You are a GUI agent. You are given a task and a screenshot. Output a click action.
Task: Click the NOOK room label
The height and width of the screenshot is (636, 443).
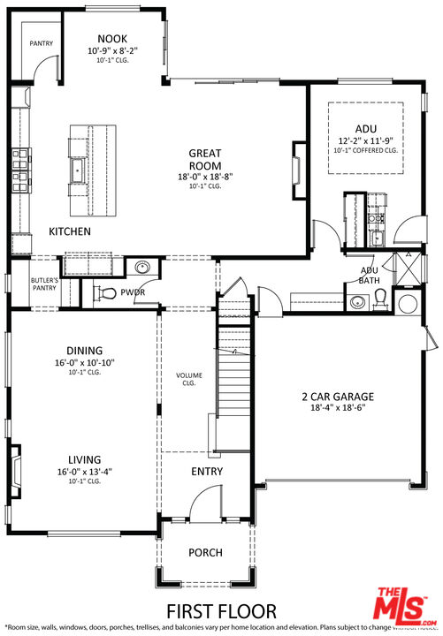tap(112, 39)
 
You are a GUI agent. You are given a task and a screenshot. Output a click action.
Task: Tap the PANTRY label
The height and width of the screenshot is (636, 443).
tap(42, 42)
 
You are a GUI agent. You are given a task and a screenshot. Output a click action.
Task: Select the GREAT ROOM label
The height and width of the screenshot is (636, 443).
tap(204, 159)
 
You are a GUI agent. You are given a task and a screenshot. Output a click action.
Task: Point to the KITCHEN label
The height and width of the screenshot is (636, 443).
tap(70, 231)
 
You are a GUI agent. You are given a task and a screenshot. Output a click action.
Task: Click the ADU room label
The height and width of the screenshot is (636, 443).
tap(365, 128)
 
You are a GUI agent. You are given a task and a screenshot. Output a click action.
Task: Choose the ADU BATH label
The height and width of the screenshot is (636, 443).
tap(370, 275)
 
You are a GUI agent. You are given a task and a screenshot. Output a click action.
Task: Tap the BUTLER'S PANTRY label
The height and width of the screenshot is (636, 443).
tap(44, 284)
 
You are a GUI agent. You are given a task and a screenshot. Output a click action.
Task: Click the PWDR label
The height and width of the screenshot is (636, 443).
tap(134, 292)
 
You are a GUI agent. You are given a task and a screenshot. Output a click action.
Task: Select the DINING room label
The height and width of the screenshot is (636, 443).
tap(84, 350)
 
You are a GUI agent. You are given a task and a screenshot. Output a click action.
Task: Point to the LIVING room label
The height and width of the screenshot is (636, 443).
tap(84, 459)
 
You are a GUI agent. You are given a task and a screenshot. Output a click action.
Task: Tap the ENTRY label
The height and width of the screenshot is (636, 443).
tap(207, 472)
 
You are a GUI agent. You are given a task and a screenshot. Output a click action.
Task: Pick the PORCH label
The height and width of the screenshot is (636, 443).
tap(205, 553)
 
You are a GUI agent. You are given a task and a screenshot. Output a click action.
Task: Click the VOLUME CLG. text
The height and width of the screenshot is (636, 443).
tap(188, 379)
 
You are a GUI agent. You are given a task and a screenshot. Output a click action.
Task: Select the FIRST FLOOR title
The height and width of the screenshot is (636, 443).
tap(221, 610)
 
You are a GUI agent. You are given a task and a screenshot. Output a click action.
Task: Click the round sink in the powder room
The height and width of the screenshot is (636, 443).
tap(142, 268)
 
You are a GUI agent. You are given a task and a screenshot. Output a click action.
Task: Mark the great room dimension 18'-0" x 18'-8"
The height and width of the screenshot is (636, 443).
tap(204, 176)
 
